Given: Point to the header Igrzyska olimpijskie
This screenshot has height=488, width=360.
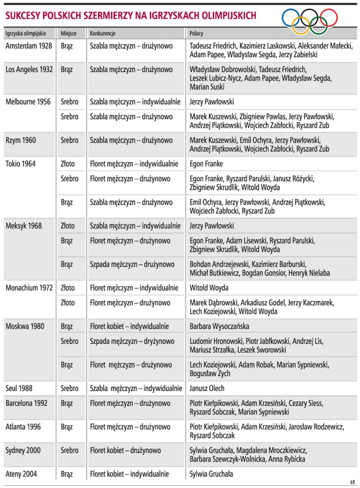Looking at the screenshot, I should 26,34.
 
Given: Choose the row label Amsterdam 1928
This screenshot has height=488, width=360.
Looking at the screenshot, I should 29,46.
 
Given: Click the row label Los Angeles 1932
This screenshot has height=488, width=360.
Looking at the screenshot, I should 30,70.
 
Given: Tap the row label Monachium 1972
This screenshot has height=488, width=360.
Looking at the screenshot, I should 31,288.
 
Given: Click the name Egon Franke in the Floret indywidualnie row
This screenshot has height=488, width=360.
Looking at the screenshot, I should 206,164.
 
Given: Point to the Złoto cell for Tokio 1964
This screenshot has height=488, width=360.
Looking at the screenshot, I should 68,164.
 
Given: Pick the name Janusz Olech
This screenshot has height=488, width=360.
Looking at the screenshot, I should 207,388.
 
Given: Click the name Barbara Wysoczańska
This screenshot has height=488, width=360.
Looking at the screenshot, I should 219,326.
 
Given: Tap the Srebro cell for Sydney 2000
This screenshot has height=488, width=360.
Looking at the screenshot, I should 69,450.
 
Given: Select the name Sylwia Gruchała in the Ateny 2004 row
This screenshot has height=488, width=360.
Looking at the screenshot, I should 211,474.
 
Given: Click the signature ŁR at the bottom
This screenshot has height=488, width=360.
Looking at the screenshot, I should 352,482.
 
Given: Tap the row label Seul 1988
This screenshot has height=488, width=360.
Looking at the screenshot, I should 19,388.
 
